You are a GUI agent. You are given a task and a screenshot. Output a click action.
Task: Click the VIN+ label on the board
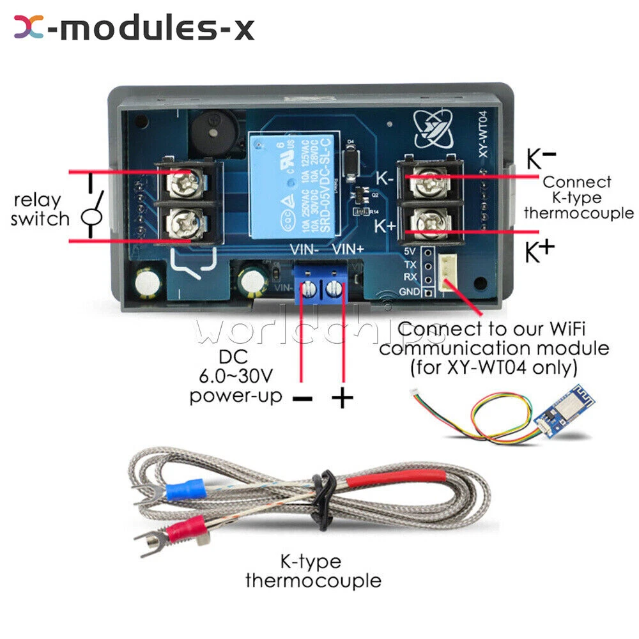click(348, 250)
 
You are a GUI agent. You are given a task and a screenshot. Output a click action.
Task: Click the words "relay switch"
click(40, 210)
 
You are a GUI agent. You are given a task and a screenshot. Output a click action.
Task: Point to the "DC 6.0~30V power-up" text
click(236, 376)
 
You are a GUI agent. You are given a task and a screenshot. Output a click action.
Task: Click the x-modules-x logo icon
click(29, 27)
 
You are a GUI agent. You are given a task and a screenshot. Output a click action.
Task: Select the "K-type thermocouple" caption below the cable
click(312, 571)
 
